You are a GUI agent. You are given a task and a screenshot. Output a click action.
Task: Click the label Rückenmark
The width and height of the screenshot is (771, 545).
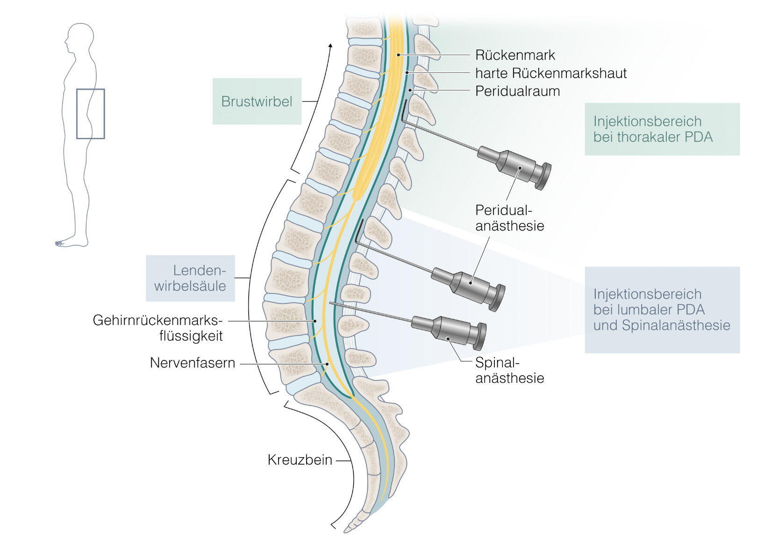point(515,55)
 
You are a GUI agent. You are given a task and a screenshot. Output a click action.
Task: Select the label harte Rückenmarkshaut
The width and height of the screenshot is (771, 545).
point(550,73)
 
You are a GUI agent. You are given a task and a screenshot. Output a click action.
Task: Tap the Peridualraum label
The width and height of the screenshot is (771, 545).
point(517,91)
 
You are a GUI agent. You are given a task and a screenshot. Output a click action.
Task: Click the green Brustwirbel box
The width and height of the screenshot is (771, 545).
point(257,101)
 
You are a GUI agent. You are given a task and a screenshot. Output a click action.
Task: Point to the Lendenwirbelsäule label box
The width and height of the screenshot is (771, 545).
point(190,278)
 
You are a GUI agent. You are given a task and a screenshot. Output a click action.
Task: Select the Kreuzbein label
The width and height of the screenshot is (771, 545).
point(300,460)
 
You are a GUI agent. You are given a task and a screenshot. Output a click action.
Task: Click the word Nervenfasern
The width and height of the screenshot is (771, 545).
point(192,363)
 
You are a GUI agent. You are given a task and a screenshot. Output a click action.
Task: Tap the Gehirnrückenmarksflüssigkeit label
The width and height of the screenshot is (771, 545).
point(157,328)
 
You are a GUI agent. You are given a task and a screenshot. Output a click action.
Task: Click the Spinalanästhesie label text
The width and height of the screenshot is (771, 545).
point(509,370)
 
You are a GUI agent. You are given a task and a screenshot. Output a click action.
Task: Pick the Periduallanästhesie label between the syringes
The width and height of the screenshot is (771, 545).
point(509,218)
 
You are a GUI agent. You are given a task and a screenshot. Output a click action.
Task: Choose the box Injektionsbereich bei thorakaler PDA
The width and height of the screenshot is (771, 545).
point(662,129)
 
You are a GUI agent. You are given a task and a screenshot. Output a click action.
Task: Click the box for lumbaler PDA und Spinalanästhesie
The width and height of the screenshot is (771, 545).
point(662,309)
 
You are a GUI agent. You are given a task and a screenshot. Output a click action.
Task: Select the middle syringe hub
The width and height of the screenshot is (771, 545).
point(472,287)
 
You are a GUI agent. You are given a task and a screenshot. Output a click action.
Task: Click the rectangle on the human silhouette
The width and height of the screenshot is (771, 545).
point(91,114)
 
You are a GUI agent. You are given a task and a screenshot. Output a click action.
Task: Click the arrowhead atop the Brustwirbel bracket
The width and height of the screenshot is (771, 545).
point(330,46)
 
